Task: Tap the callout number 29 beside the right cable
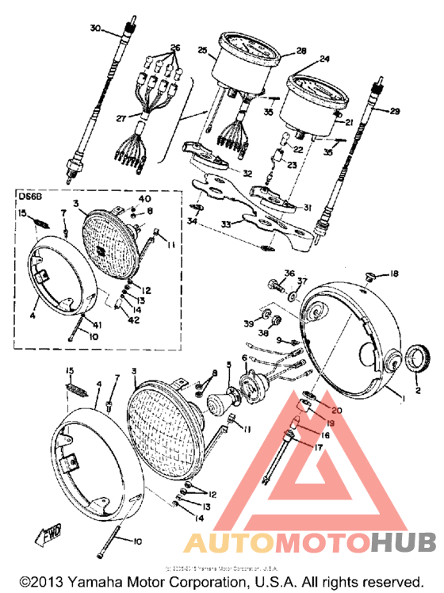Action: point(396,111)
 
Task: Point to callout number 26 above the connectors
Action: point(175,48)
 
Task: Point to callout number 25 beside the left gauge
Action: point(202,52)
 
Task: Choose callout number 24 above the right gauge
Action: point(323,59)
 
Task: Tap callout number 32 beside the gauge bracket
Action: point(247,173)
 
